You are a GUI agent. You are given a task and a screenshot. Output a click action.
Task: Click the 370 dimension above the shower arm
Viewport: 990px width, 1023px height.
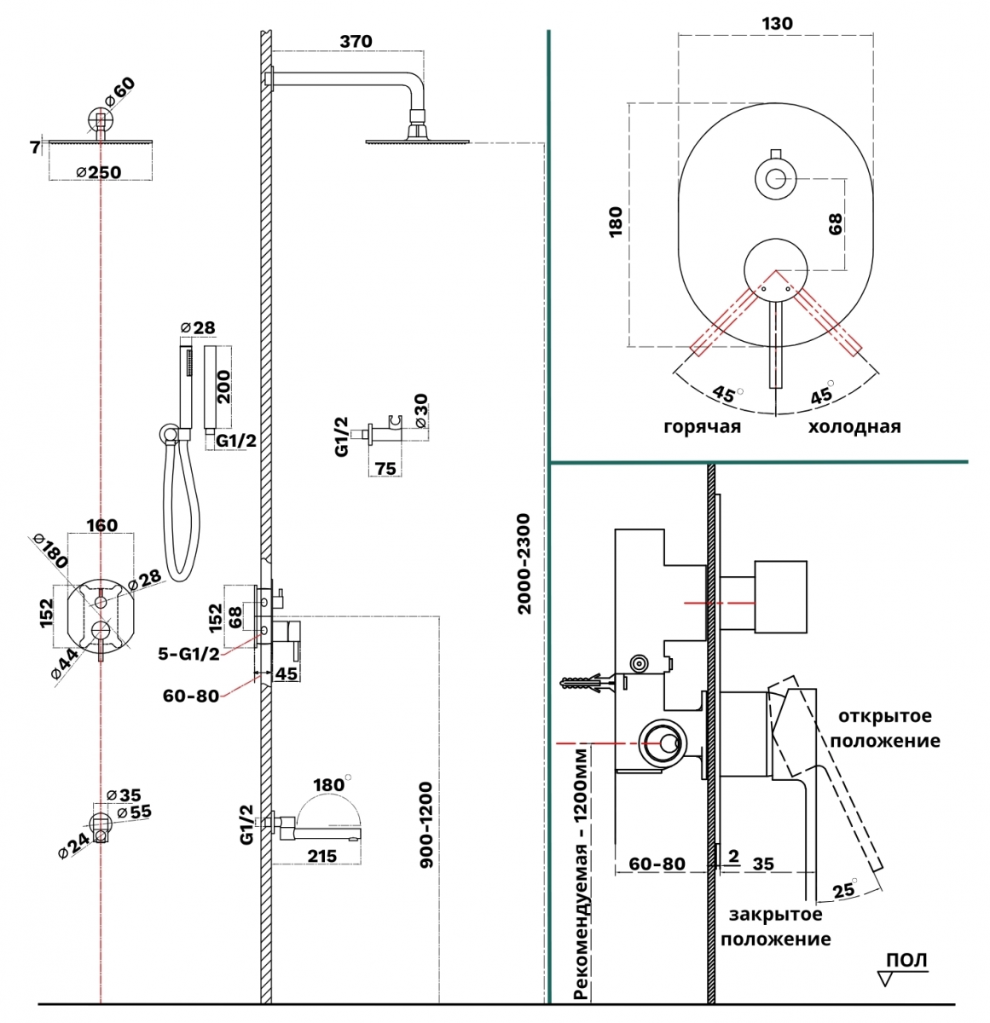point(356,41)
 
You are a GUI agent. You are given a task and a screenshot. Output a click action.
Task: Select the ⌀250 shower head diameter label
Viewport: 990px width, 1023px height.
point(98,172)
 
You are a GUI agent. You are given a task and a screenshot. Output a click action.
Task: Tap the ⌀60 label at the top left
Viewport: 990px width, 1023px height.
point(120,93)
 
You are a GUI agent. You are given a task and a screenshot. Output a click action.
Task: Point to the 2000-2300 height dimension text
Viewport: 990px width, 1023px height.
point(524,564)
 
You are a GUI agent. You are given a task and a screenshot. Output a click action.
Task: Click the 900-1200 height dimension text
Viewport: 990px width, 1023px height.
point(427,824)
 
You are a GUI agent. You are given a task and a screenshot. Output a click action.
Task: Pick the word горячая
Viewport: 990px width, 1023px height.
point(703,427)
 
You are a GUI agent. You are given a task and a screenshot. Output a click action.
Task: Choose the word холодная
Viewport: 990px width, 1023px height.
point(854,427)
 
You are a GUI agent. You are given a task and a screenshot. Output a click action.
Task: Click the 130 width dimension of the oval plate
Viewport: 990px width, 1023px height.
point(777,24)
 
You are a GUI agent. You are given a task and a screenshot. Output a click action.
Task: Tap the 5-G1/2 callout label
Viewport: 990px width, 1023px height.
point(188,654)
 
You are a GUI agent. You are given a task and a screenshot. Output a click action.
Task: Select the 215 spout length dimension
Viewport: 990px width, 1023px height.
point(321,857)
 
